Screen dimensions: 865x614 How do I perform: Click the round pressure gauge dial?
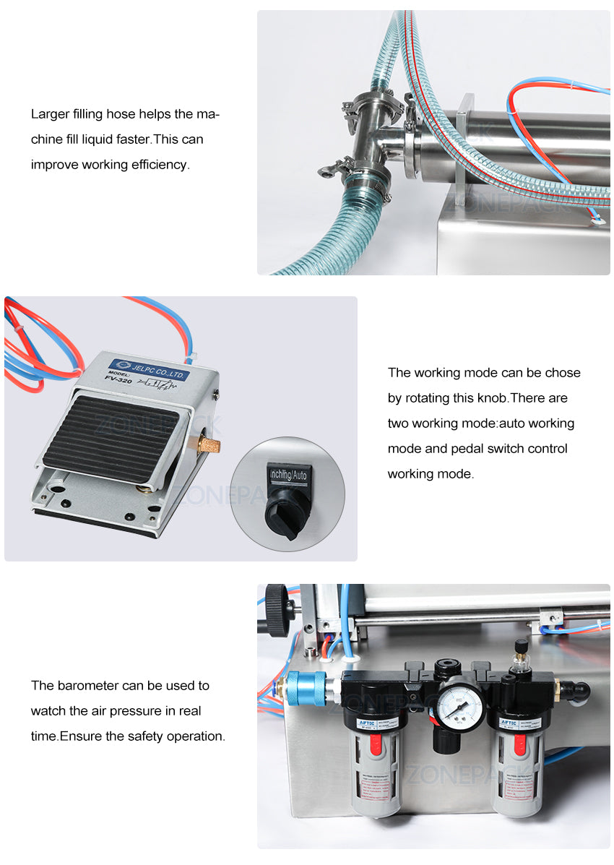[x=459, y=701]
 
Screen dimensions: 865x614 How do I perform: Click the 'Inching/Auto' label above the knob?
[x=287, y=475]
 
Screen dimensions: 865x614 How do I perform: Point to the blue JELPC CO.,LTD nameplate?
[x=148, y=370]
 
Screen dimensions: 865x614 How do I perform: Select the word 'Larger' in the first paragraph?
[x=50, y=113]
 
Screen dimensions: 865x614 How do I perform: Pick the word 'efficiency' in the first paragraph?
[x=159, y=164]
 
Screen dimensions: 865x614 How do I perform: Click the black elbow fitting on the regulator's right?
[x=575, y=690]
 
